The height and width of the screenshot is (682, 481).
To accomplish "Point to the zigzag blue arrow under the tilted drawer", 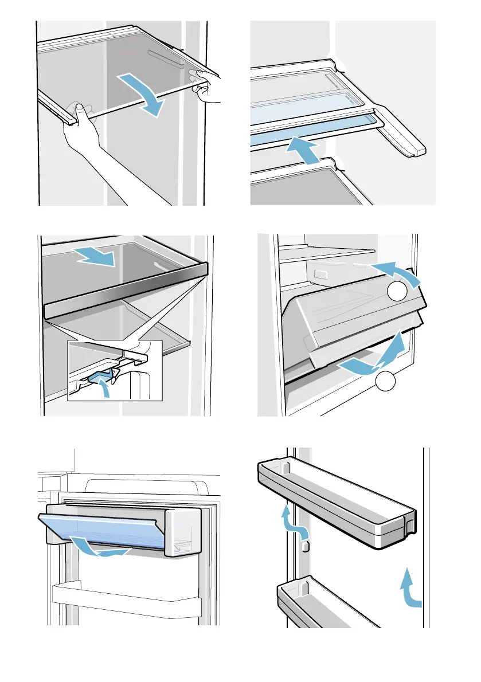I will point(372,358).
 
